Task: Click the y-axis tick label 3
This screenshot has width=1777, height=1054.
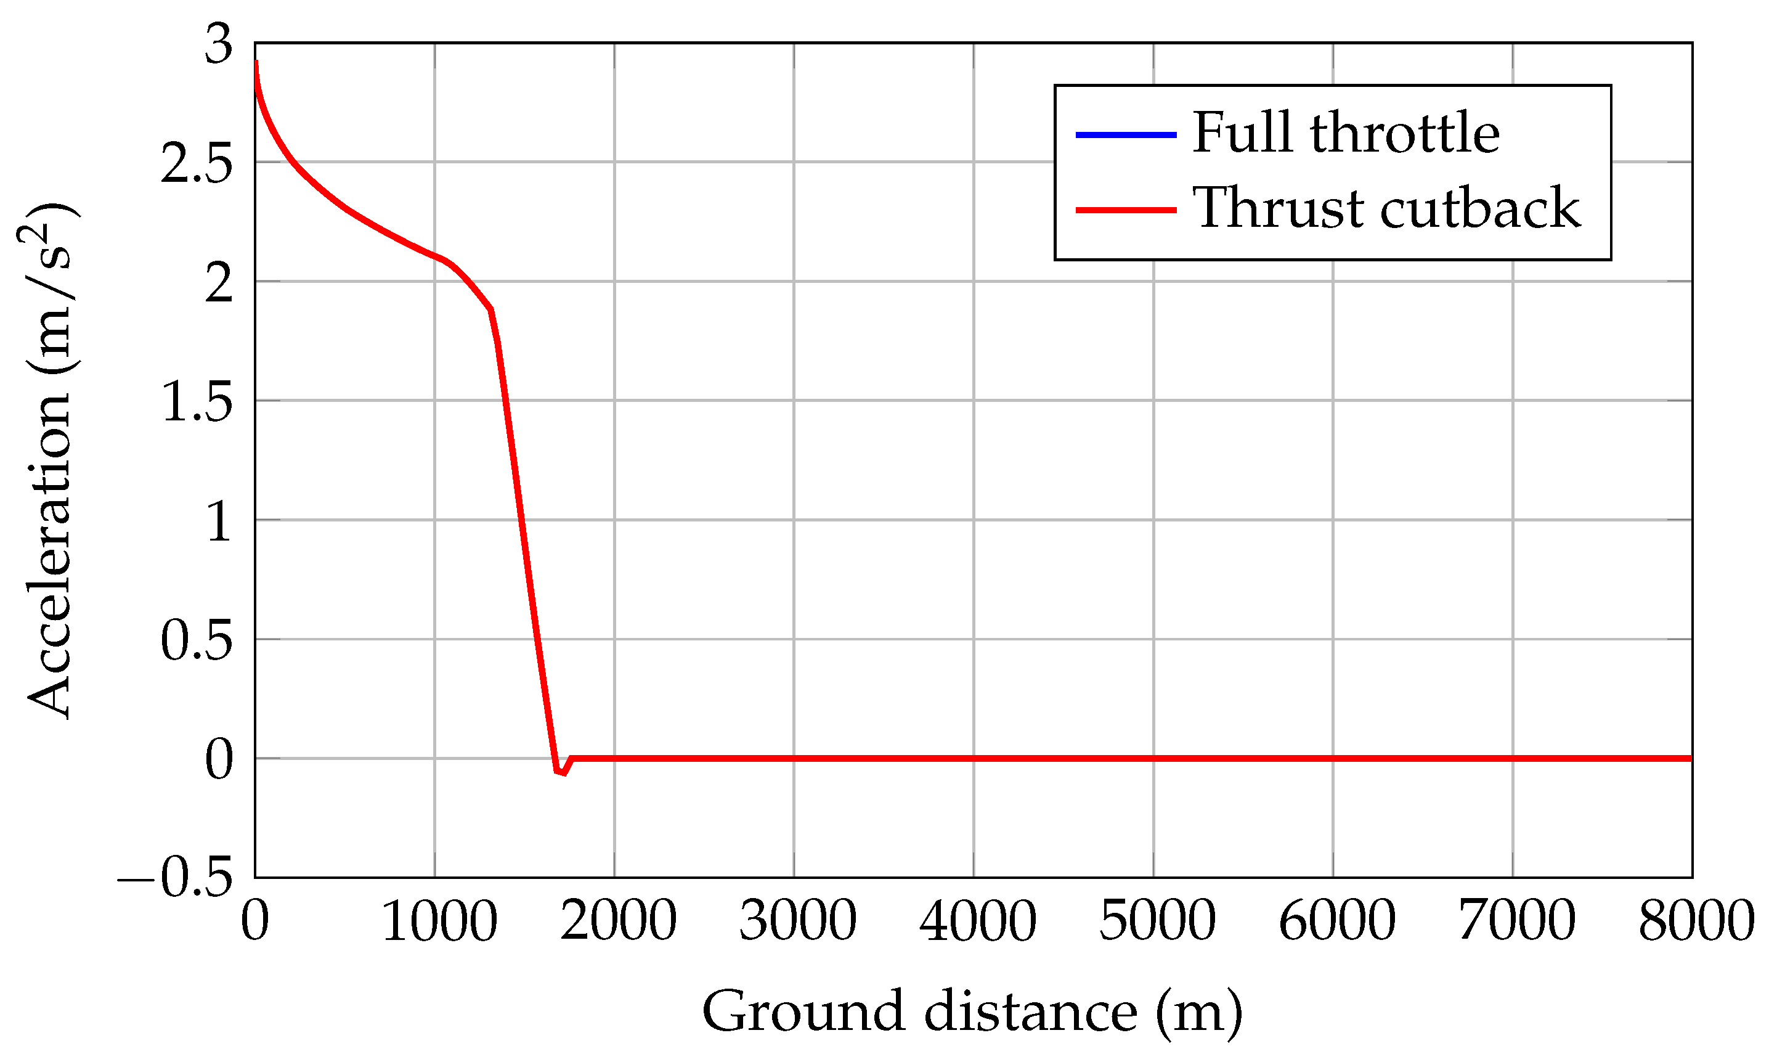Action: click(x=219, y=45)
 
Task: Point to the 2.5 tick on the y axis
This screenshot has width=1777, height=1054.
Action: click(x=197, y=164)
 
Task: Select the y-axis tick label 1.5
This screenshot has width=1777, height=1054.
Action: click(x=197, y=402)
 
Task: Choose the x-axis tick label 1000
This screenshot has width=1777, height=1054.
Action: click(x=439, y=922)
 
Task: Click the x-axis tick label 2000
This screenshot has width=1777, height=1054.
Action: click(x=619, y=922)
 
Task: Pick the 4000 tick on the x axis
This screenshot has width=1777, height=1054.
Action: click(x=978, y=922)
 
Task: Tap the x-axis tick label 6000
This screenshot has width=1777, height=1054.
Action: click(x=1337, y=922)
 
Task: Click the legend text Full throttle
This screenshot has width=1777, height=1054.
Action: click(x=1345, y=133)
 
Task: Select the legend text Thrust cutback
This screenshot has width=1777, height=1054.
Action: click(x=1386, y=208)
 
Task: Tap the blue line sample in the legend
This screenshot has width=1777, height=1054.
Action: click(x=1126, y=134)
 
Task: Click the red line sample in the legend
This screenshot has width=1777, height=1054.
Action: click(x=1126, y=210)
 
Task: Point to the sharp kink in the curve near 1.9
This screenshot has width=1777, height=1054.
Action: click(x=490, y=309)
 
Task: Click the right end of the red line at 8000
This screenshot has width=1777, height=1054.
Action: click(x=1690, y=759)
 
